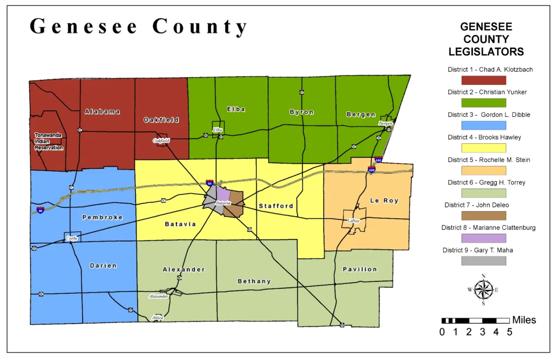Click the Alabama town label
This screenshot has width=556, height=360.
pos(102,112)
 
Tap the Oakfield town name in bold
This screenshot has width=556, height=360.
pos(161,120)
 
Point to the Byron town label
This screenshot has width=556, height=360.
pos(301,112)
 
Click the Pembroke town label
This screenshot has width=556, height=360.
pos(102,217)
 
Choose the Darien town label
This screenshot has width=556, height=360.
pos(103,266)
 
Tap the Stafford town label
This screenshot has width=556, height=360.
pos(276,206)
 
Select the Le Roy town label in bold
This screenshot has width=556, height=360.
pos(384,201)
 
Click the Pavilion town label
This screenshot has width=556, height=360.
pos(359,269)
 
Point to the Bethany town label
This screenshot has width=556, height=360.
pos(254,281)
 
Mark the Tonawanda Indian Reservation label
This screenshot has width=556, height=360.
pos(49,141)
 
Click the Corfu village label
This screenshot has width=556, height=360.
pos(72,238)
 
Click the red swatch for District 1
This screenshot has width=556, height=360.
pos(483,80)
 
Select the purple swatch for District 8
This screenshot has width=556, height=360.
pos(483,238)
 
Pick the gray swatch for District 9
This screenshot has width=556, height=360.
pos(483,261)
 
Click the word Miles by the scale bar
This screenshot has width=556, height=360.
pos(524,320)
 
